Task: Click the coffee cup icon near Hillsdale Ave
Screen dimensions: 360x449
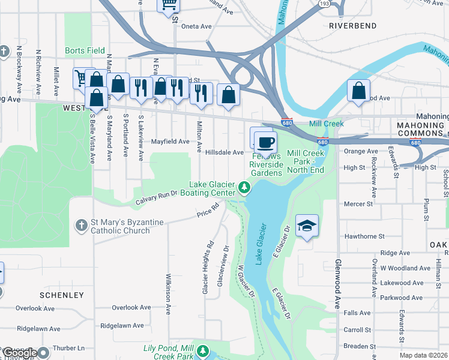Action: (265, 142)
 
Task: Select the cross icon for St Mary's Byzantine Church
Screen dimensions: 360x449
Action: (82, 226)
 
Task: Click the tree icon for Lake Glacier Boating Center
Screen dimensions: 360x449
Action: (244, 188)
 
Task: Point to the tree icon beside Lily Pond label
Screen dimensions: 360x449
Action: (204, 350)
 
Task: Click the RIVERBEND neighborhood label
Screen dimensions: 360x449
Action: (352, 26)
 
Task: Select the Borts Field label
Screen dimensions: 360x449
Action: (85, 51)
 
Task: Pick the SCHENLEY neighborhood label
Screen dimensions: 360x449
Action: (62, 295)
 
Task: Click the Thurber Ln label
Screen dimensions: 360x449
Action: (68, 348)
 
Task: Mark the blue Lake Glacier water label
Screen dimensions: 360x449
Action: (261, 245)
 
